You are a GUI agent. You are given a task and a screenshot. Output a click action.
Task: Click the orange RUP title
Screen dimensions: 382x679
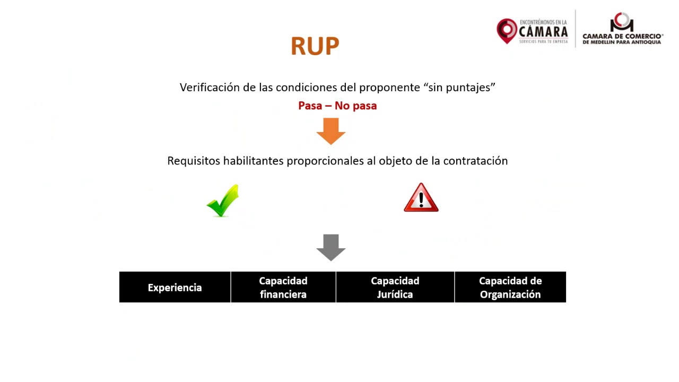click(315, 47)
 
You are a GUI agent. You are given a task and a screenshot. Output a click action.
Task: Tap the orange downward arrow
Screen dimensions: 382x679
click(331, 131)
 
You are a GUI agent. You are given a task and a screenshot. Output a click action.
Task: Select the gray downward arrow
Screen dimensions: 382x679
click(331, 247)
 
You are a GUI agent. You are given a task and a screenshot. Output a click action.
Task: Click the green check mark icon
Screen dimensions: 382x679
click(223, 201)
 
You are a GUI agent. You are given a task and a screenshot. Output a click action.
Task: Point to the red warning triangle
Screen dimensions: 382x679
click(421, 198)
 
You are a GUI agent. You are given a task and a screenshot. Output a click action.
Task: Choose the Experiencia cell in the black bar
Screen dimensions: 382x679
click(175, 288)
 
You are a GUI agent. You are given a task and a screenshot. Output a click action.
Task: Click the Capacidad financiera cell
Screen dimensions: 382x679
click(283, 288)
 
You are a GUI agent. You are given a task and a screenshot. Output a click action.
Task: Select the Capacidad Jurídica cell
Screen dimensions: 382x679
click(395, 288)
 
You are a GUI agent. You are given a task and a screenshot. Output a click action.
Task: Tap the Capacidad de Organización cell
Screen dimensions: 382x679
click(510, 288)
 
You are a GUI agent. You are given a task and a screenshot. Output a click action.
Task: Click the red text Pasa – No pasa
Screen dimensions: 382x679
click(337, 106)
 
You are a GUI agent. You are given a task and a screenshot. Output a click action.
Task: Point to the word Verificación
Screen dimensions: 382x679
click(210, 88)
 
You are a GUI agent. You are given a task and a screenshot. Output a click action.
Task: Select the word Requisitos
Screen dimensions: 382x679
click(193, 161)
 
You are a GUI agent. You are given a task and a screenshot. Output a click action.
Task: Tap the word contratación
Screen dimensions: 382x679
click(475, 161)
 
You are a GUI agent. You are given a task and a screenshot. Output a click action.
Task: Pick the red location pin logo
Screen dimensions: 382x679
click(507, 30)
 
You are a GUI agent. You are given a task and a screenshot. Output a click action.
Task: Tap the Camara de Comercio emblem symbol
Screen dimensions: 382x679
click(622, 22)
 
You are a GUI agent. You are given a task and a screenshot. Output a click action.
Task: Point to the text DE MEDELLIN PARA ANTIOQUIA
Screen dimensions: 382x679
click(622, 42)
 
